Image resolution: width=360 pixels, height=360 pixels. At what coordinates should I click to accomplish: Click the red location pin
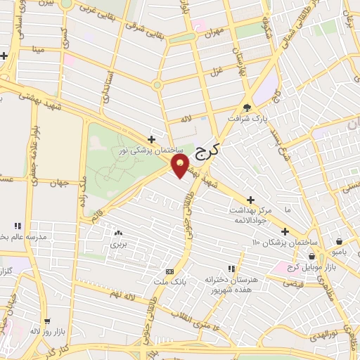pyautogui.click(x=181, y=167)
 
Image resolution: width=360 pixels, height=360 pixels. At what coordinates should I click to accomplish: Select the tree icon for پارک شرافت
pyautogui.click(x=245, y=108)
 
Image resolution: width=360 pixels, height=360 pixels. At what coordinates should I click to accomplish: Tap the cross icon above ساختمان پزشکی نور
pyautogui.click(x=151, y=139)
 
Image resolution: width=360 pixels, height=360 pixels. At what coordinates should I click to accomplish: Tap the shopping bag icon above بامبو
pyautogui.click(x=340, y=239)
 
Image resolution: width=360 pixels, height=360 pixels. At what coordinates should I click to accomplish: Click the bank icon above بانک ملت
pyautogui.click(x=169, y=271)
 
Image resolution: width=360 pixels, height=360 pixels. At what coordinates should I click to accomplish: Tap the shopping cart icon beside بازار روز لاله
pyautogui.click(x=47, y=321)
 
